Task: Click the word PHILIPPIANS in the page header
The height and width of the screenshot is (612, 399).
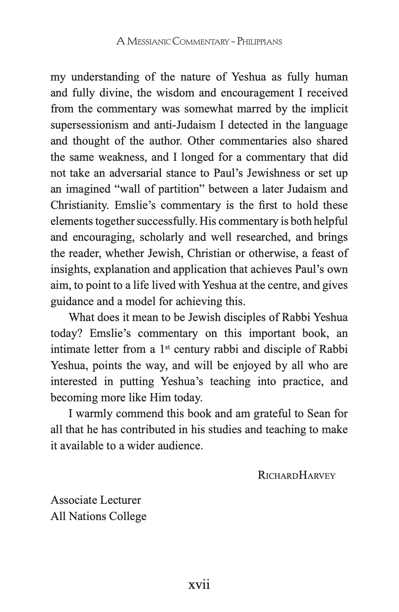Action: [x=259, y=41]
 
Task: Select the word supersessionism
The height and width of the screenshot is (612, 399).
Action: [x=90, y=125]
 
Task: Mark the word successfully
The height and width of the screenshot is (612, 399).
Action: [x=167, y=222]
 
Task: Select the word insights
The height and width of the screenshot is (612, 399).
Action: [x=70, y=269]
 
